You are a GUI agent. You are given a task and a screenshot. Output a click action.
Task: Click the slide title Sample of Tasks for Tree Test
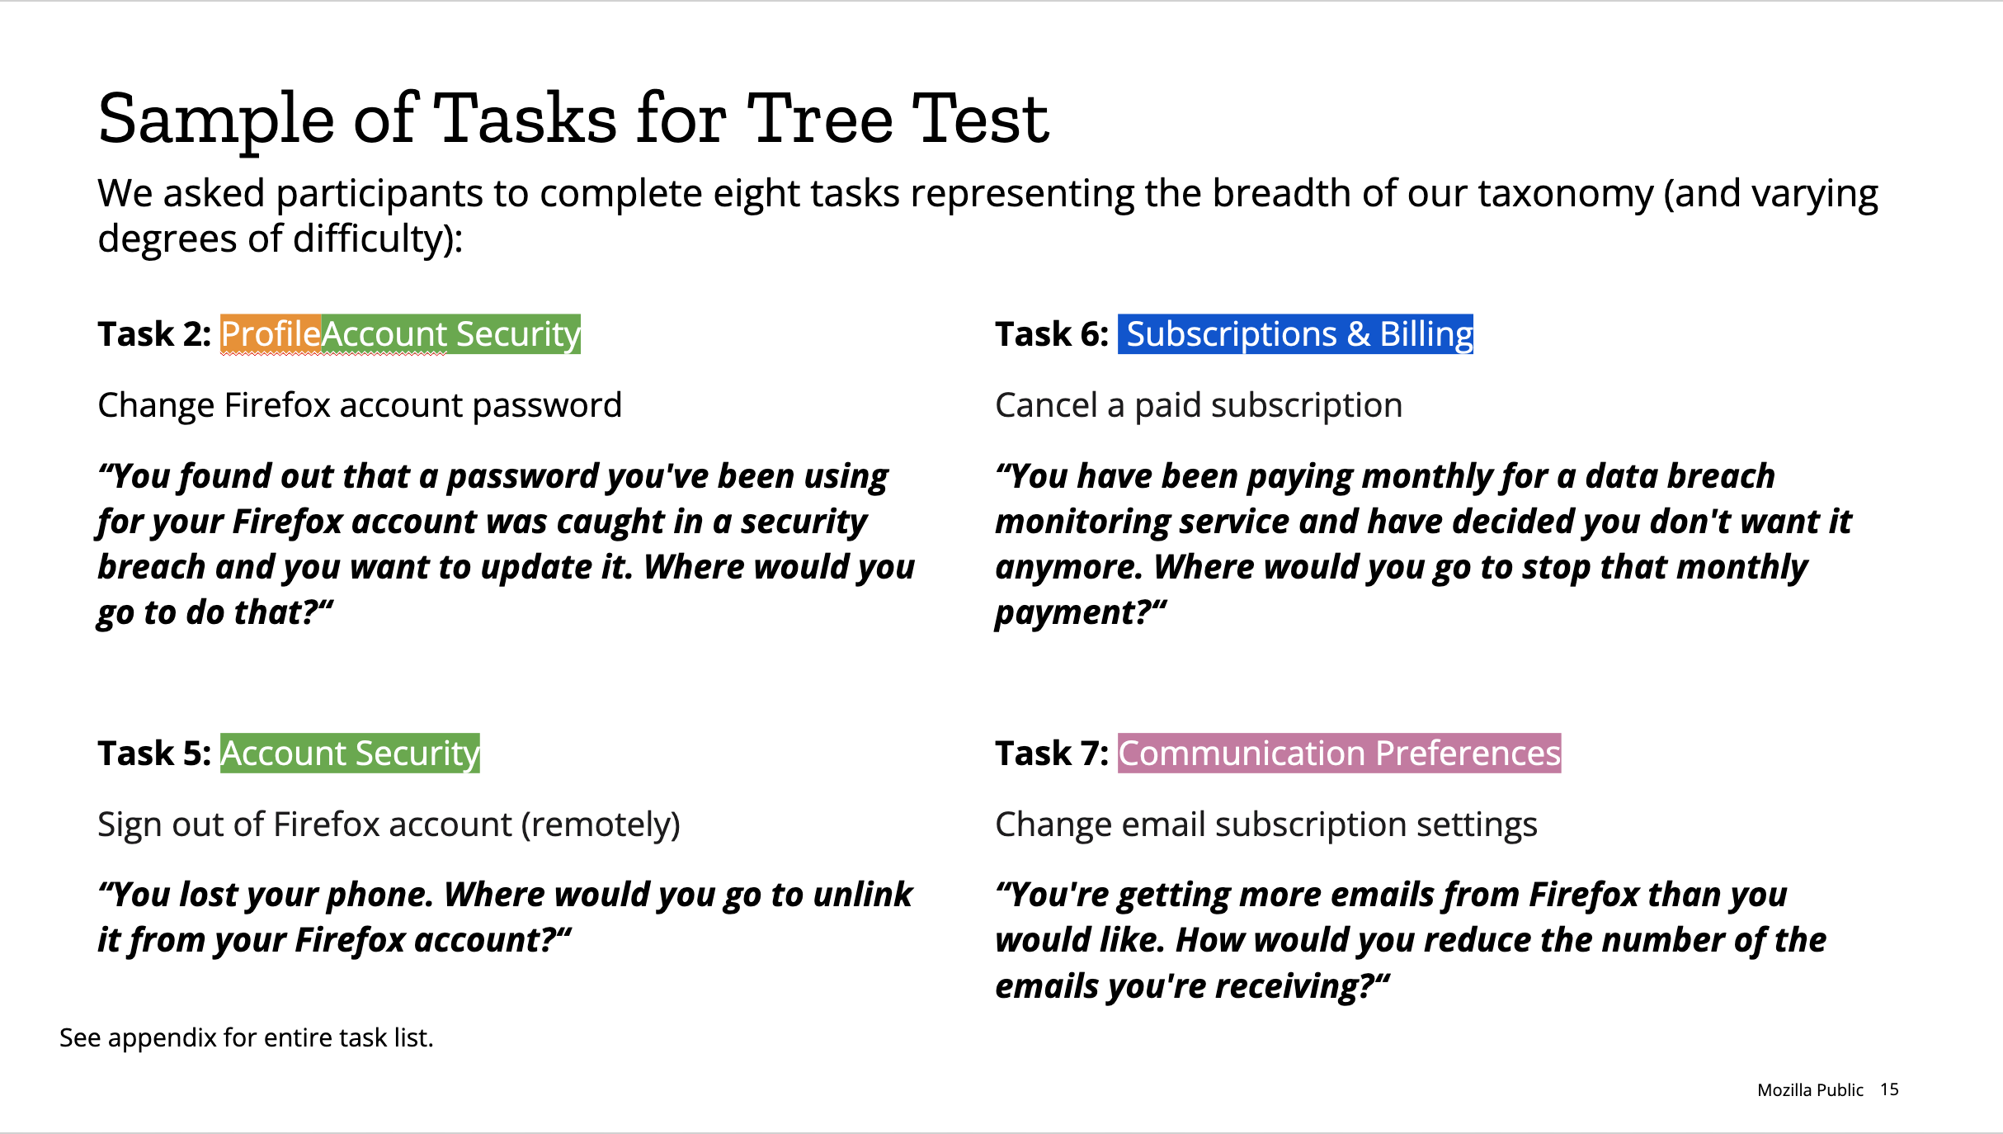pyautogui.click(x=573, y=120)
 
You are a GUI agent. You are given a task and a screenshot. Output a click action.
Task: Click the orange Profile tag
pyautogui.click(x=271, y=334)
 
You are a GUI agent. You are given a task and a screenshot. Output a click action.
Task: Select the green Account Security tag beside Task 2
pyautogui.click(x=451, y=334)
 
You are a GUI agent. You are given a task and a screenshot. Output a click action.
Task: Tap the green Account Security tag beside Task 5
pyautogui.click(x=350, y=754)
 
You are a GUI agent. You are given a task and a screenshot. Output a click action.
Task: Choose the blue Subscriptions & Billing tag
pyautogui.click(x=1295, y=334)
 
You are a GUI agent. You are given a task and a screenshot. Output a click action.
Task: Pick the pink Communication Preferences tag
pyautogui.click(x=1340, y=754)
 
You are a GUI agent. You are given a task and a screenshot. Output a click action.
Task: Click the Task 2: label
pyautogui.click(x=154, y=334)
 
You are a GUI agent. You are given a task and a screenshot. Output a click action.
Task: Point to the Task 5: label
pyautogui.click(x=154, y=754)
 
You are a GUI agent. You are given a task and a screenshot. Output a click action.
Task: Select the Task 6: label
pyautogui.click(x=1052, y=334)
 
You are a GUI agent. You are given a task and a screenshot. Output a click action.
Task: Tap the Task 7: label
pyautogui.click(x=1052, y=754)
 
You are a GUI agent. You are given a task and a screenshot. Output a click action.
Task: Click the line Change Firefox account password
pyautogui.click(x=360, y=406)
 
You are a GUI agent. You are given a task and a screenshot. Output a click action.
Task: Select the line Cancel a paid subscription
pyautogui.click(x=1199, y=406)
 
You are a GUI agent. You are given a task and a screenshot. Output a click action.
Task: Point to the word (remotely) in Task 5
pyautogui.click(x=601, y=825)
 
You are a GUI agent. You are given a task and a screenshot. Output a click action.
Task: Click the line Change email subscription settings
pyautogui.click(x=1266, y=825)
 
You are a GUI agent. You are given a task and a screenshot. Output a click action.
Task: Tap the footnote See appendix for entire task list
pyautogui.click(x=247, y=1037)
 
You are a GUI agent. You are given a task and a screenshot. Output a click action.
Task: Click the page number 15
pyautogui.click(x=1889, y=1089)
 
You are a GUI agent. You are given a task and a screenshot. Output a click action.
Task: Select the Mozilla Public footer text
pyautogui.click(x=1810, y=1090)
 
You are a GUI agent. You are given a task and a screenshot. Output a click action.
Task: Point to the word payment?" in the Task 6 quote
pyautogui.click(x=1081, y=612)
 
